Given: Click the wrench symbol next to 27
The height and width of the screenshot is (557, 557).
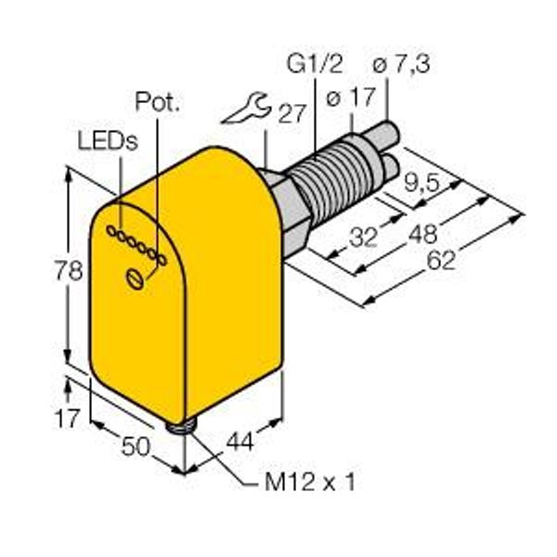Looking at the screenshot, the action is tap(246, 109).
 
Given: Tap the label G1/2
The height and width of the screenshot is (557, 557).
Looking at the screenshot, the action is tap(315, 64).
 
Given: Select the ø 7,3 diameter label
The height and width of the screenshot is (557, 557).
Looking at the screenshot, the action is tap(401, 64).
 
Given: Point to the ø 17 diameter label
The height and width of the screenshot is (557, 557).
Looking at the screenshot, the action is tap(350, 97).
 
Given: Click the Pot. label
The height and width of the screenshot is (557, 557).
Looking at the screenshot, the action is tap(158, 102).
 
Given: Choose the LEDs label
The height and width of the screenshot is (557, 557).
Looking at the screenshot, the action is tap(108, 141).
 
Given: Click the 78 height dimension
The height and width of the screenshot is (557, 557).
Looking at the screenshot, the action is tap(68, 270).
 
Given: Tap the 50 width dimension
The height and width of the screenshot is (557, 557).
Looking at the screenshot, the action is tap(136, 447).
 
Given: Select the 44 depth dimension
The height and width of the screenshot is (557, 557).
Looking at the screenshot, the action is tap(240, 442).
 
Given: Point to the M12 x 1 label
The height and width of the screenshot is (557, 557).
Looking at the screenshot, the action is tap(309, 482).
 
